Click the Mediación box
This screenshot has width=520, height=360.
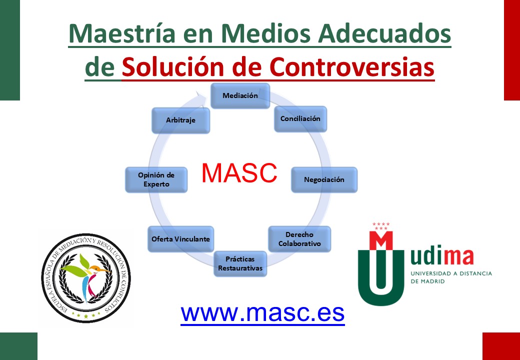(240, 96)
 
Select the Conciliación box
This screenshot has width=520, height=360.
(300, 118)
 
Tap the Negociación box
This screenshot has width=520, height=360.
(324, 179)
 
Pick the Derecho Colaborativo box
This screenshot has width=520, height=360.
(299, 239)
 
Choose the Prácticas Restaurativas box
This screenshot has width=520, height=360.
(240, 263)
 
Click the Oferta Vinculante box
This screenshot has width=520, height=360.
(180, 239)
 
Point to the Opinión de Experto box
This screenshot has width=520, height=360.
(156, 179)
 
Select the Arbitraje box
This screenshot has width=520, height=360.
(180, 120)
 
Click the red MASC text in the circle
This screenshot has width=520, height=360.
(239, 173)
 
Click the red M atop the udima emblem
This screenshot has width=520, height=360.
(381, 240)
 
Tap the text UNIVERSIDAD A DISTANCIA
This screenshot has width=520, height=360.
(451, 274)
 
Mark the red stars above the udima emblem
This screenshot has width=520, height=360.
(381, 226)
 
